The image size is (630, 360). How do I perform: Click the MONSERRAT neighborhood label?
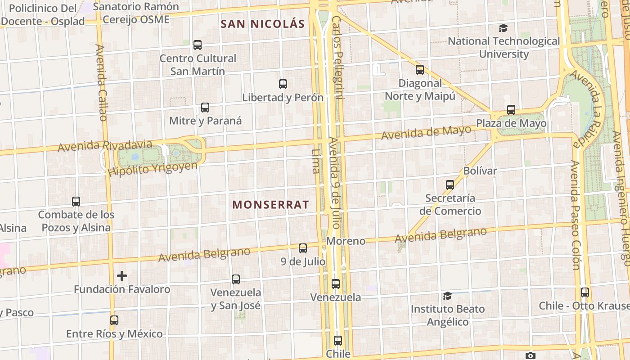coord(270,205)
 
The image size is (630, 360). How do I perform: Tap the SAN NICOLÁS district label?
coord(263,24)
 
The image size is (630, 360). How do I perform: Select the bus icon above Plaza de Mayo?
coord(511,110)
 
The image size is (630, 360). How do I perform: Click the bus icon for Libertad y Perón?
coord(283,84)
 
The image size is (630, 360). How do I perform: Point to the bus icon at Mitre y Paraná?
coord(205,108)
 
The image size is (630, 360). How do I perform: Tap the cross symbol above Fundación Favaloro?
coord(121,276)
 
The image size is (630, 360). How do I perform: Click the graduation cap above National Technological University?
coord(503,28)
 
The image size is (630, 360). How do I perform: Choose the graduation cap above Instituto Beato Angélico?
coord(447,296)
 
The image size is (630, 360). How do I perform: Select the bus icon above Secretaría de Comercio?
coord(450,184)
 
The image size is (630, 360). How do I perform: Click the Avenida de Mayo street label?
coord(426,132)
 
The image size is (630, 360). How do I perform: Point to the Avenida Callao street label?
coord(101,82)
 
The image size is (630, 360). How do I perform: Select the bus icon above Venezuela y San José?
coord(235,279)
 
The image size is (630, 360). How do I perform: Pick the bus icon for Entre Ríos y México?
coord(114,320)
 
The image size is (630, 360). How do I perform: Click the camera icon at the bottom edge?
coord(531,356)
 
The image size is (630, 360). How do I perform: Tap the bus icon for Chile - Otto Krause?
coord(585,292)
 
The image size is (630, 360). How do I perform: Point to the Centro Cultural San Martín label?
coord(198,65)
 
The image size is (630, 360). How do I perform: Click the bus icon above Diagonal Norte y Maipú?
coord(420,70)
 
